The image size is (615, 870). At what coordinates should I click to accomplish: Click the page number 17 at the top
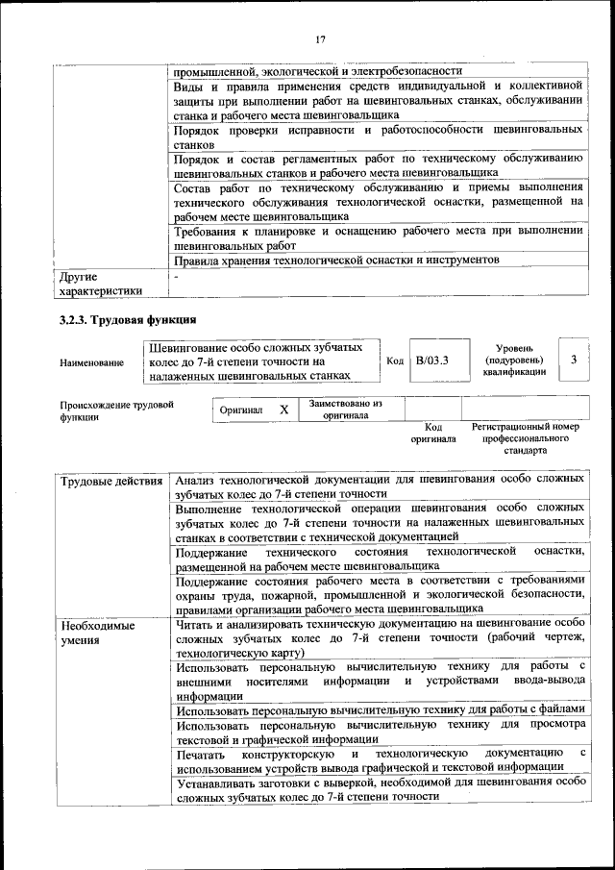pyautogui.click(x=321, y=39)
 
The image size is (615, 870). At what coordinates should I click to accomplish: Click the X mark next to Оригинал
pyautogui.click(x=283, y=410)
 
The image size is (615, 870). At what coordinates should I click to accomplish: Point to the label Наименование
pyautogui.click(x=91, y=361)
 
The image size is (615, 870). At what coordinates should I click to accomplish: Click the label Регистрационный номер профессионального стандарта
pyautogui.click(x=525, y=437)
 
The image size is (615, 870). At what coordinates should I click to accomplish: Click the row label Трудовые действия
pyautogui.click(x=111, y=479)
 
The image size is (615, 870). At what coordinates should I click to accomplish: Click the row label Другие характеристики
pyautogui.click(x=100, y=283)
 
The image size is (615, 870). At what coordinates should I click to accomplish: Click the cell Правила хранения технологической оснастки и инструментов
pyautogui.click(x=336, y=260)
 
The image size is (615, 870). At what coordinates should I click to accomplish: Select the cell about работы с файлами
pyautogui.click(x=380, y=709)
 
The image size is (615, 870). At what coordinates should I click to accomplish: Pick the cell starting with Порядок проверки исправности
pyautogui.click(x=380, y=136)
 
